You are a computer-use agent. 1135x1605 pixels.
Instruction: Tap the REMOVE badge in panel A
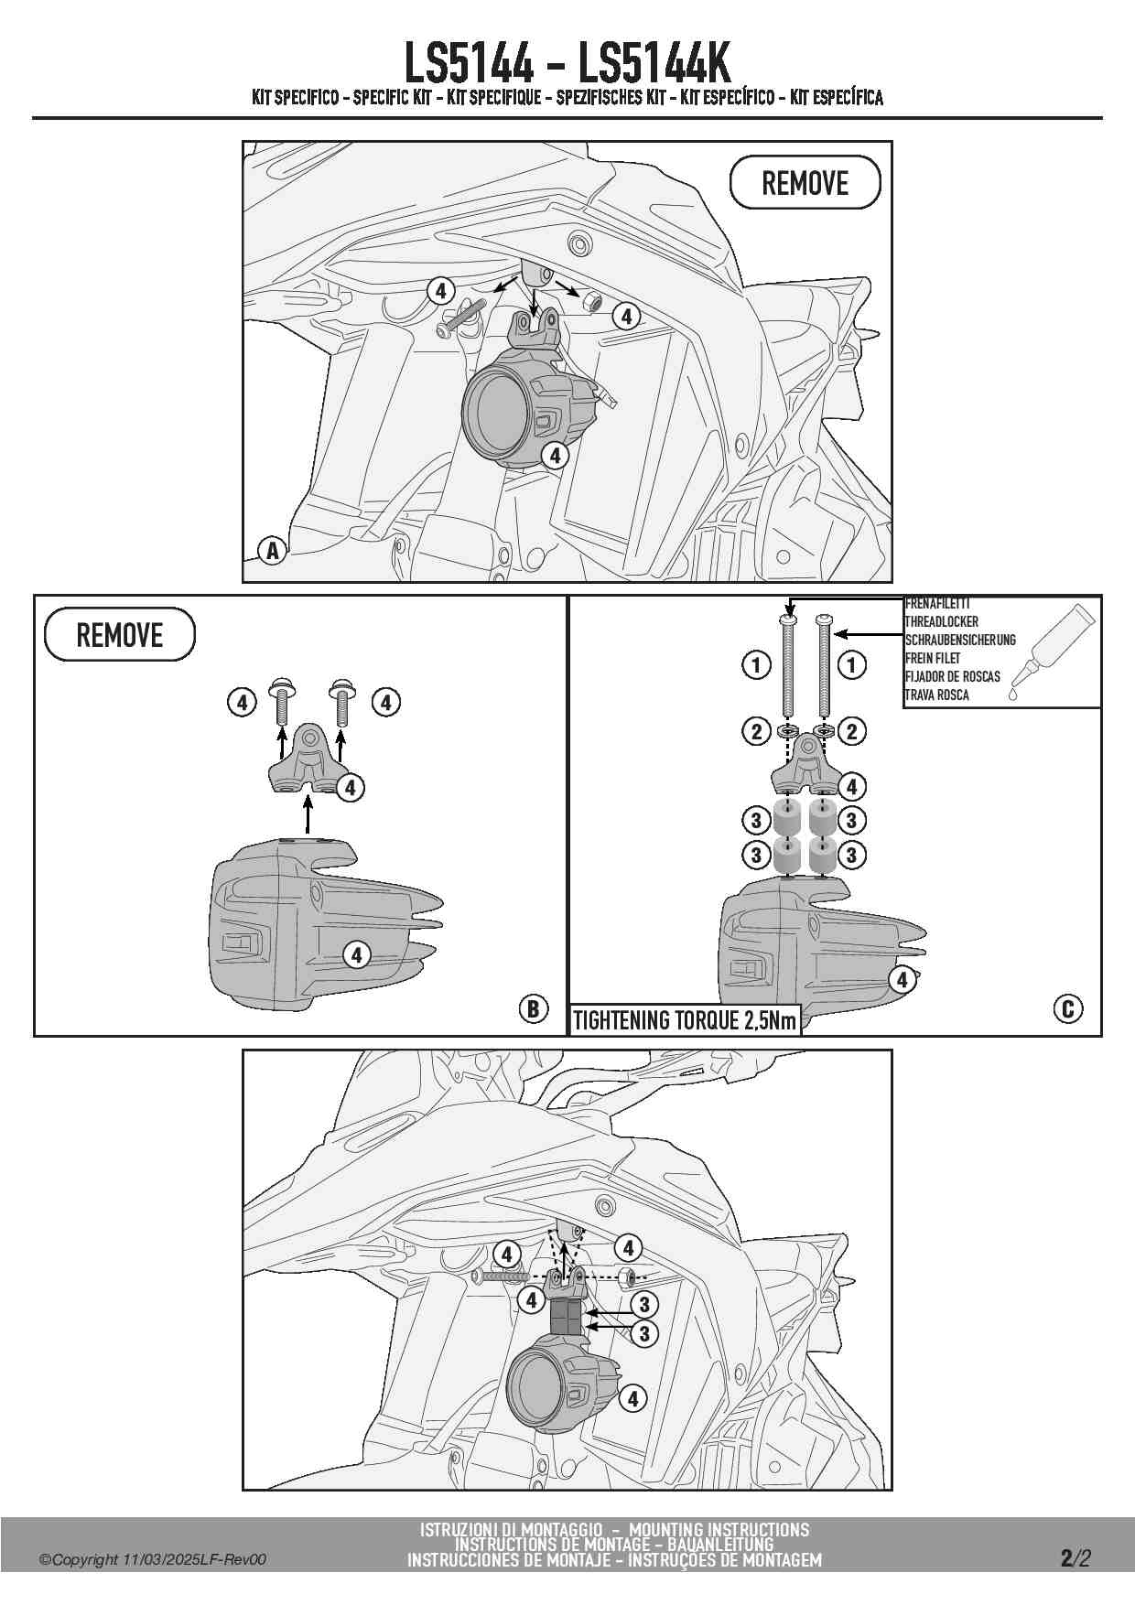click(x=805, y=183)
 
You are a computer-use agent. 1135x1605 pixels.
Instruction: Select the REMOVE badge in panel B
click(x=120, y=634)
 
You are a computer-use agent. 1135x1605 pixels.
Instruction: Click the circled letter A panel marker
click(x=272, y=551)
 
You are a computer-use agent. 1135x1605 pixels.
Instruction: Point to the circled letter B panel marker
click(x=533, y=1008)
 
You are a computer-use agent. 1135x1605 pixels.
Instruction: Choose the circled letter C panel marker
click(x=1067, y=1008)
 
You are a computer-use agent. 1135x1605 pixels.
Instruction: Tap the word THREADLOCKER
click(x=942, y=621)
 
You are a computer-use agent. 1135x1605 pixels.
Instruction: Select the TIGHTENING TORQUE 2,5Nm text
click(x=685, y=1020)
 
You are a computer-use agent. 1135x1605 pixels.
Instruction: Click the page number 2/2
click(x=1076, y=1558)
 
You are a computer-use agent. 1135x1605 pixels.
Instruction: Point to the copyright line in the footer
click(x=153, y=1559)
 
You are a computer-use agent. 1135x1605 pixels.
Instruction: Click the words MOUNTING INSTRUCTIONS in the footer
click(x=719, y=1529)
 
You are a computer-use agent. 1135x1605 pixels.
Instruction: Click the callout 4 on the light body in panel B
click(x=356, y=955)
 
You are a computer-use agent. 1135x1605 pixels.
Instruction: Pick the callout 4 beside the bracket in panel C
click(x=851, y=786)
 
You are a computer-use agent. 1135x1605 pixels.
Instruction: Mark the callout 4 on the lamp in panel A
click(x=555, y=455)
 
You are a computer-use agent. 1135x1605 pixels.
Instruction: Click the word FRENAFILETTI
click(x=937, y=604)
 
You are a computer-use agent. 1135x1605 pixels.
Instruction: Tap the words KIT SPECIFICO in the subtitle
click(x=295, y=97)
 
